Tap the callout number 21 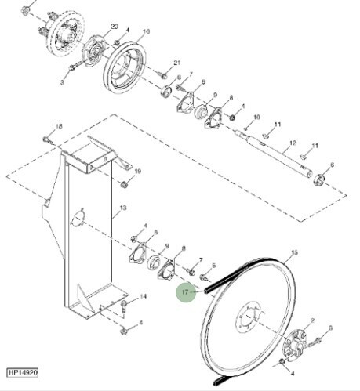tap(176, 63)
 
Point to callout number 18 tap(58, 125)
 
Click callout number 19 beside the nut tap(137, 171)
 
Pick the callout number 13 tap(122, 209)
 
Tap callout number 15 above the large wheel tap(295, 252)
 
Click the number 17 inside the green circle tap(186, 294)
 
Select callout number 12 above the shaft tap(292, 143)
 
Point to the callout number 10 tap(256, 118)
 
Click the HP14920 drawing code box tap(23, 374)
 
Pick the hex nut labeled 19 tap(124, 185)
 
